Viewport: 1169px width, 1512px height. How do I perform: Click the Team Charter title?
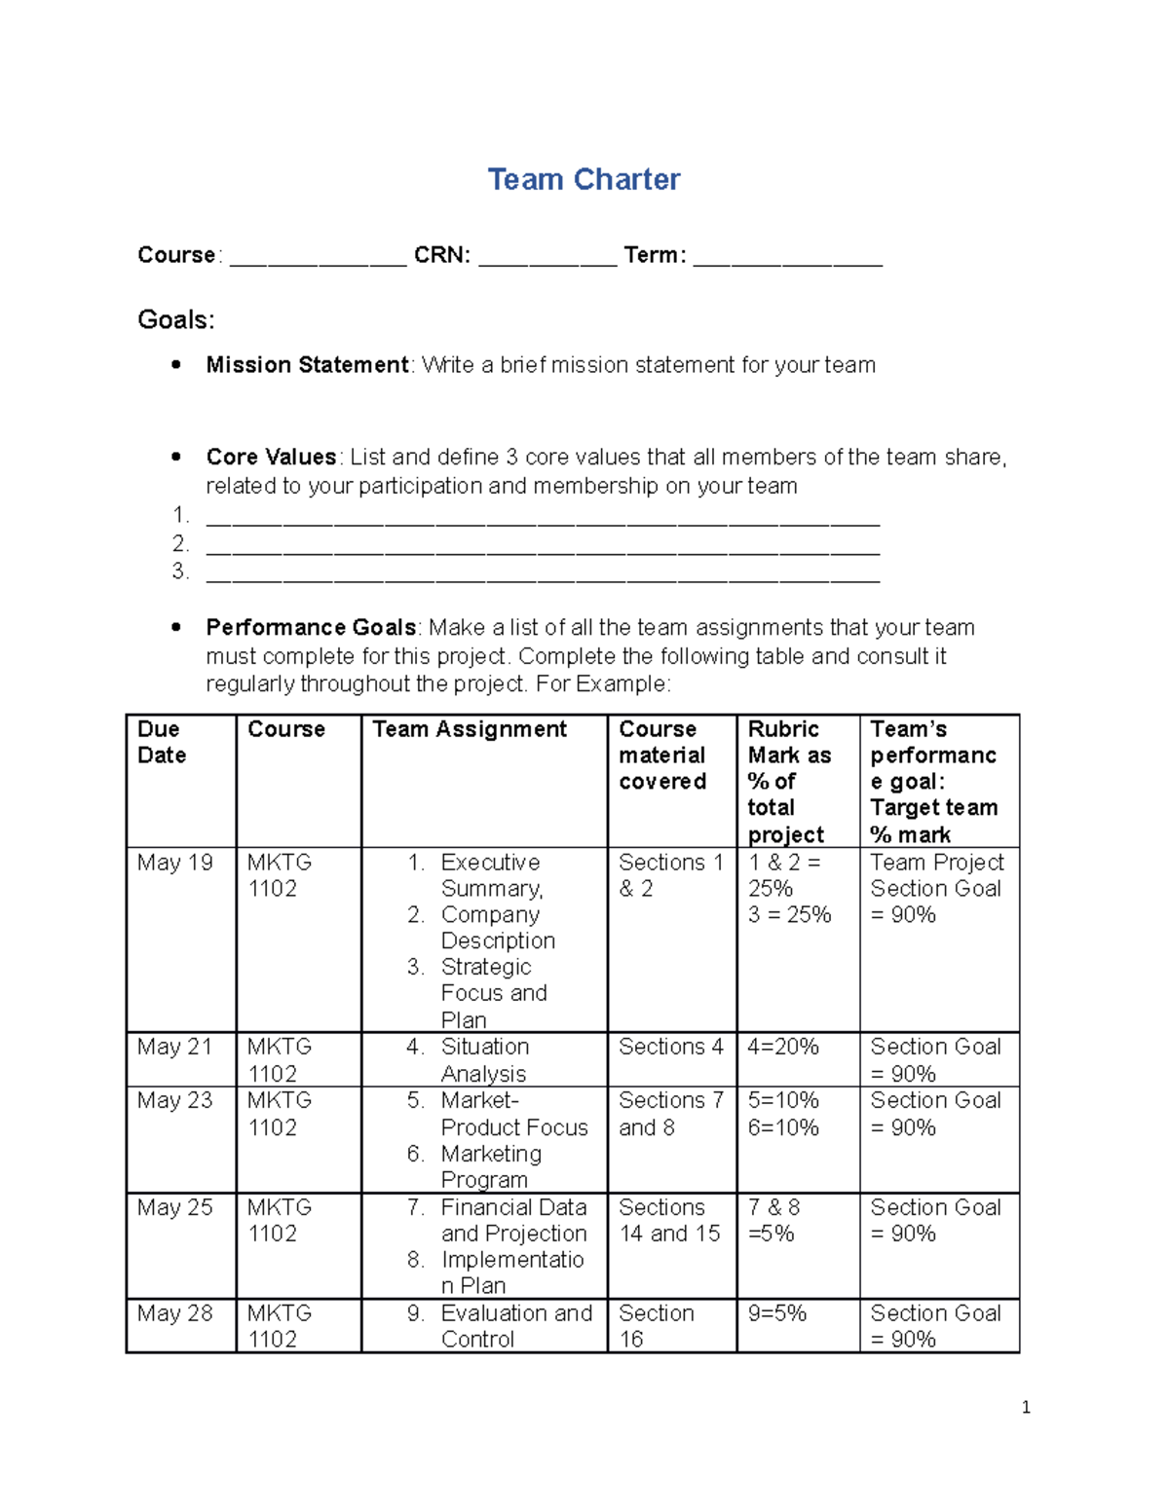(584, 179)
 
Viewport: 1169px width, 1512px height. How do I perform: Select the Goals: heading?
(176, 320)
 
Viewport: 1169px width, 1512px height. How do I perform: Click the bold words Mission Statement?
(307, 365)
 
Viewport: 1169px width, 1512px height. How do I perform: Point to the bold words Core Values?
(271, 458)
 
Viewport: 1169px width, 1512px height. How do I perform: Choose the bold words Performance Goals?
(311, 628)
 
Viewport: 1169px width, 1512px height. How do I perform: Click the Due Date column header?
(162, 742)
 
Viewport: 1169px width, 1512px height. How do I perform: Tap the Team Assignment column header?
(470, 729)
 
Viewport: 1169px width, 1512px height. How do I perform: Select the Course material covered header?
(662, 756)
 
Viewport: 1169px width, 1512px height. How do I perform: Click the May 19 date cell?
(175, 863)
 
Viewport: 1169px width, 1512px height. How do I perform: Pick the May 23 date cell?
(175, 1100)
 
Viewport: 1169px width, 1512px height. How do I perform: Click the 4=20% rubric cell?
(783, 1047)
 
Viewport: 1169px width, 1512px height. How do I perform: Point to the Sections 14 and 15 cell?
(669, 1220)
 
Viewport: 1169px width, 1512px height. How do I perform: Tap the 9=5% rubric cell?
(777, 1313)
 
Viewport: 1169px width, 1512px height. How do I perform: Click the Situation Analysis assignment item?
(484, 1060)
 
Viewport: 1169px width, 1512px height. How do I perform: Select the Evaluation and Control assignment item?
(515, 1326)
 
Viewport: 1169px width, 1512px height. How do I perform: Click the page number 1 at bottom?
(1026, 1407)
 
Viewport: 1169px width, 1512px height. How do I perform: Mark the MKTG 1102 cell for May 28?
(280, 1326)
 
